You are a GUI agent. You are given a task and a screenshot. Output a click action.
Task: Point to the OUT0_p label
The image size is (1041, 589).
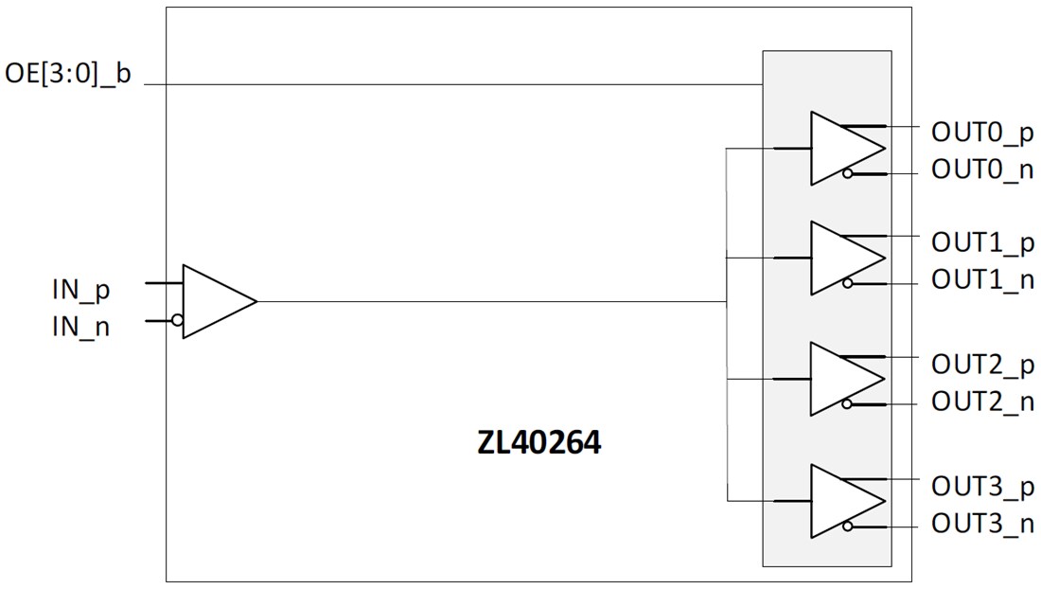coord(982,134)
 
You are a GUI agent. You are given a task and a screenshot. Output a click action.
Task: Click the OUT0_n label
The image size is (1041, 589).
coord(982,170)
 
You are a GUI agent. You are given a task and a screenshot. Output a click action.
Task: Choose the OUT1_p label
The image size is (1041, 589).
coord(982,241)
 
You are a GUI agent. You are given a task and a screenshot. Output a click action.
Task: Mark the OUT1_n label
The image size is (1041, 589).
coord(982,279)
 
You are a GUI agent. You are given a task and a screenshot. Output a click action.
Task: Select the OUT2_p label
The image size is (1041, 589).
coord(982,363)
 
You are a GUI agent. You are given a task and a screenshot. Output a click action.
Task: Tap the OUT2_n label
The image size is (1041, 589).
coord(982,401)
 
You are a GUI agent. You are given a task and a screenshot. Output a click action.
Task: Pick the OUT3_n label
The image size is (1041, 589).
coord(982,523)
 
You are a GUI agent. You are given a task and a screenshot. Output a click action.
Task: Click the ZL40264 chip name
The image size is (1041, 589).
coord(538,443)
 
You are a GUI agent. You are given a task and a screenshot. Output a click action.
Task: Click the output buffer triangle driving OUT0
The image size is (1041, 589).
coord(842,149)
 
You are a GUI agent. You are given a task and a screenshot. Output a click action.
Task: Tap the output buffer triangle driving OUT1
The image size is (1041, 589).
coord(842,258)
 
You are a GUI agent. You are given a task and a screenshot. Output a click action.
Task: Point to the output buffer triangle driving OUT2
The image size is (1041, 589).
coord(842,379)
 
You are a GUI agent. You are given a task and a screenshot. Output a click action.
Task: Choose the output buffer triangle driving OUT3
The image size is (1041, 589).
coord(842,501)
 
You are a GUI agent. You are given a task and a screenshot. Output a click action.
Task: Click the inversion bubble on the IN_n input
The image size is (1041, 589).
coord(177,320)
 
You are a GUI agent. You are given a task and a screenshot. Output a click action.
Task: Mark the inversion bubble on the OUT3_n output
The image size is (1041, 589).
coord(847,527)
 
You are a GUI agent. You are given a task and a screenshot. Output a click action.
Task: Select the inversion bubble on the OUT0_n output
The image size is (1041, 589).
coord(847,174)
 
